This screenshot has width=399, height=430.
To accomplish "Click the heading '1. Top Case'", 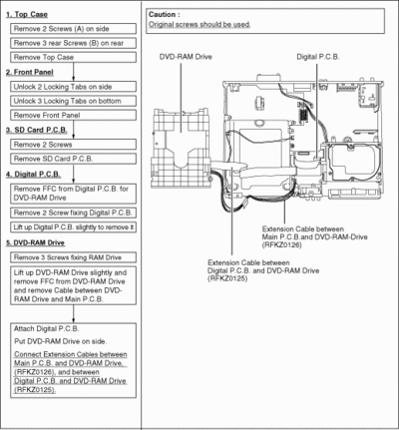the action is pos(27,14).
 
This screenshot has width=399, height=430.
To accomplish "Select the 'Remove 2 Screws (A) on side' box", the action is pos(73,29).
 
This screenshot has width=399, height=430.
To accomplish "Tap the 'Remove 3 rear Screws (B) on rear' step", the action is pos(73,43).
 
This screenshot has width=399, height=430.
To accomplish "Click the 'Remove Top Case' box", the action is pos(73,57).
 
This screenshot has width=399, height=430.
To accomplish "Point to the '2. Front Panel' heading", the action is pos(30,72).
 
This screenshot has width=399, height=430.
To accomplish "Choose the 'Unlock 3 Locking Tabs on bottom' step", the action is pos(73,101).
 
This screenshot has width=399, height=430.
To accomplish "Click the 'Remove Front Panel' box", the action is pos(73,115).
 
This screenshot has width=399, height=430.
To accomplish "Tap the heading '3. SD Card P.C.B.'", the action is pos(37,130).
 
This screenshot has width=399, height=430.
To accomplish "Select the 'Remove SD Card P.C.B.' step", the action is pos(73,159).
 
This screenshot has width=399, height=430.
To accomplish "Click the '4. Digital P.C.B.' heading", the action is pos(33,175).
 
